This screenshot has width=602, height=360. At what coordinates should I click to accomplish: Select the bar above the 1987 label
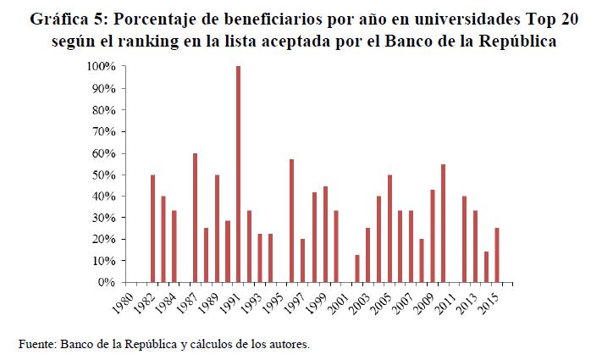(195, 218)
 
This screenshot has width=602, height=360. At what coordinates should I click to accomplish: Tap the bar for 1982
(152, 228)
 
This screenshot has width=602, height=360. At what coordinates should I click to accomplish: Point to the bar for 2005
(389, 228)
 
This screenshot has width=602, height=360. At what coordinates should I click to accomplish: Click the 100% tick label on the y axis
(101, 66)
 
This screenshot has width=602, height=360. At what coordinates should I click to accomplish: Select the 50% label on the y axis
(103, 174)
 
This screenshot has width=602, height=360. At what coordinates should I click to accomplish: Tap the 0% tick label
(106, 282)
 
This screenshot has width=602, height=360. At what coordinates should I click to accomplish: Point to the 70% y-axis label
(103, 131)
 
